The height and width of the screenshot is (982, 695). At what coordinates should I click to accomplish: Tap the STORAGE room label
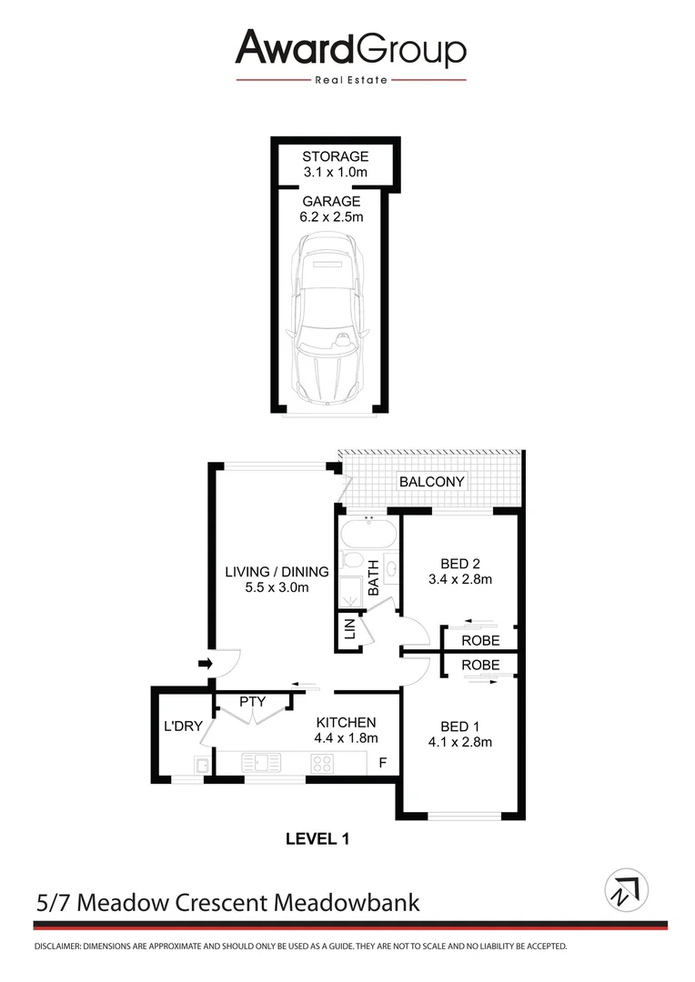pyautogui.click(x=336, y=156)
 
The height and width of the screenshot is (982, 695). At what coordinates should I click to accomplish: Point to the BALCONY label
pyautogui.click(x=432, y=482)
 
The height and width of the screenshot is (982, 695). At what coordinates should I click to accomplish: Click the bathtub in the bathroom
pyautogui.click(x=368, y=532)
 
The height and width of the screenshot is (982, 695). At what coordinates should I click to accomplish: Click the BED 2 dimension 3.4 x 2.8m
pyautogui.click(x=459, y=579)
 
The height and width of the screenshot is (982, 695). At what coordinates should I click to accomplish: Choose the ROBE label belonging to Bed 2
pyautogui.click(x=480, y=640)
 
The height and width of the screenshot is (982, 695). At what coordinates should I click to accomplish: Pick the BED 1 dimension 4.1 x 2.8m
pyautogui.click(x=459, y=742)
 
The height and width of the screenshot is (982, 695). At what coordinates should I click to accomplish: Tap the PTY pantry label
pyautogui.click(x=252, y=702)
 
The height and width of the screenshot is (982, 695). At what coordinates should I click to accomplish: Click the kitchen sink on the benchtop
pyautogui.click(x=261, y=763)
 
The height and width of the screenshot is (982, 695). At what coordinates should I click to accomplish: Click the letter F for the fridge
pyautogui.click(x=383, y=762)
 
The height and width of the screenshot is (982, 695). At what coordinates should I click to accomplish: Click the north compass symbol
pyautogui.click(x=627, y=889)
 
